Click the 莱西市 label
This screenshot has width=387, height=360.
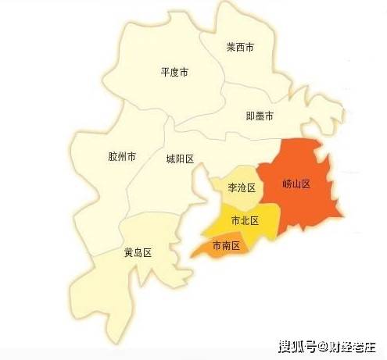coord(240,48)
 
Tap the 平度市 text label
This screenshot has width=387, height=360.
coord(174,73)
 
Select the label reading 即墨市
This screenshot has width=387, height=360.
coord(260,116)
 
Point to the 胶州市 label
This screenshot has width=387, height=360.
coord(122,156)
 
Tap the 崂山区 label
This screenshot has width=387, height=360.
coord(297,185)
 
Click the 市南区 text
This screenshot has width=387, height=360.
coord(225,245)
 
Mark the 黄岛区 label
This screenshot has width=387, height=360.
coord(137,253)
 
